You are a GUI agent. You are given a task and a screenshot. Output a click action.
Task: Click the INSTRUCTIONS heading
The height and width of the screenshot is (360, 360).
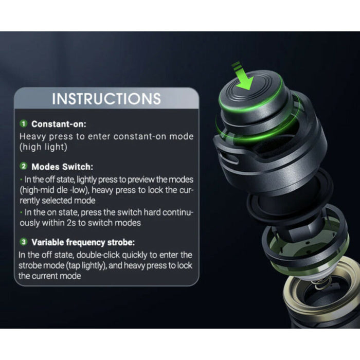coord(106,99)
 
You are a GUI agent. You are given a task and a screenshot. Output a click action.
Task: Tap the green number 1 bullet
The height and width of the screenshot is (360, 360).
coord(24,123)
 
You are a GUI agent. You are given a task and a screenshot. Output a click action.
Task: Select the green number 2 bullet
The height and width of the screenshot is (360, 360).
coord(24,166)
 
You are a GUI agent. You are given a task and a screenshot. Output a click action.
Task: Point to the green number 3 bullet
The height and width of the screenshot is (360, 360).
coord(24,242)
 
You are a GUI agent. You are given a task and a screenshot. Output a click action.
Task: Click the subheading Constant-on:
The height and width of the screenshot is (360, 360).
coord(59,124)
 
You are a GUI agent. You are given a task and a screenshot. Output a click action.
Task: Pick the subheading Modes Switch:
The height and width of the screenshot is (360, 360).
coord(62,167)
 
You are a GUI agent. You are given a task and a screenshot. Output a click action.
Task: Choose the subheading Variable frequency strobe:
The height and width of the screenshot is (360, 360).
coord(83,242)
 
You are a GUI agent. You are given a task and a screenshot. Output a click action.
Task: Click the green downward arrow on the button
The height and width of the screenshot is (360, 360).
coord(243,76)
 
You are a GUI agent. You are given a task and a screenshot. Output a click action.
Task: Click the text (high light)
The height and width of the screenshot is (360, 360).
coord(43,147)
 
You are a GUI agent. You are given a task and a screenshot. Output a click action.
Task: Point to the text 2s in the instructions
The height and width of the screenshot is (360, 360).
coord(71,223)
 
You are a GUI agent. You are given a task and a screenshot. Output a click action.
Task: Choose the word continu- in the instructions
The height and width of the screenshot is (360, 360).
coord(178,212)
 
